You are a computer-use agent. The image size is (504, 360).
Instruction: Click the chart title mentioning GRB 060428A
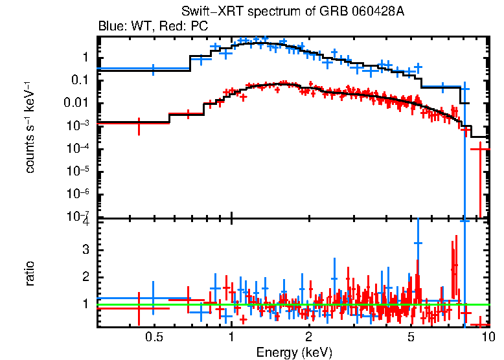pos(294,13)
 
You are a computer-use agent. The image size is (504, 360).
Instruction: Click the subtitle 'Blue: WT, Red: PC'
pos(153,27)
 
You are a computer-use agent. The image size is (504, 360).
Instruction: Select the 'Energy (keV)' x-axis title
pos(294,352)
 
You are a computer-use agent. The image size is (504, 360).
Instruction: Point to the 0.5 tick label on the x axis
pos(154,337)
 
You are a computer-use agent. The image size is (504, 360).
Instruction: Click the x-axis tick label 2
pos(309,337)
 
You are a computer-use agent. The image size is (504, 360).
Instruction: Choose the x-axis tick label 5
pos(411,337)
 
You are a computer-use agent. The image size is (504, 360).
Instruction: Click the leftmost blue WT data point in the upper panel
pos(153,69)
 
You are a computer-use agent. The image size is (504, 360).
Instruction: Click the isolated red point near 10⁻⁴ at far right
pos(480,150)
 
